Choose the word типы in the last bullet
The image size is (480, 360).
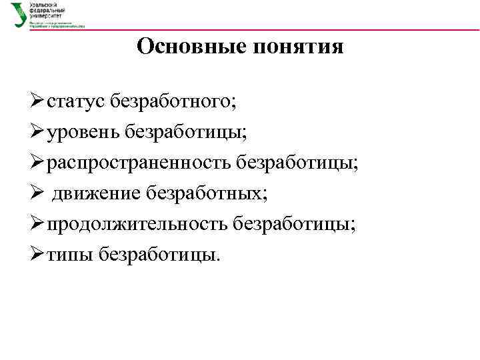pos(69,254)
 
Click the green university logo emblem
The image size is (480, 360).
pos(17,13)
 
